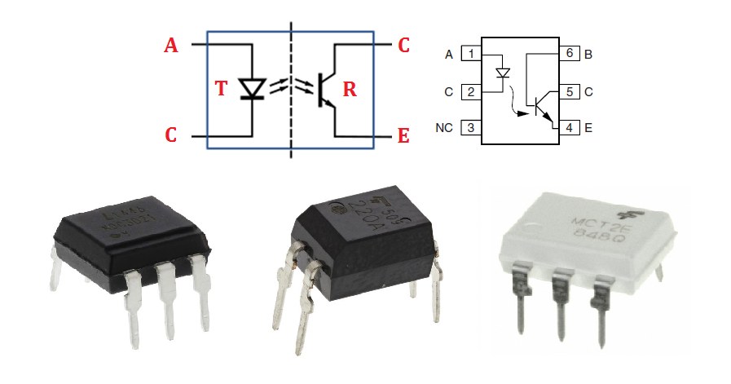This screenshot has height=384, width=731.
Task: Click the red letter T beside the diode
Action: coord(220,89)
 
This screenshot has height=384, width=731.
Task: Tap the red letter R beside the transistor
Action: coord(349,89)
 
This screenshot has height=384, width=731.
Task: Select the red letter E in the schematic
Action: coord(403,135)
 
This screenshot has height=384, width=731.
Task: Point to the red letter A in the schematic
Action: coord(170,46)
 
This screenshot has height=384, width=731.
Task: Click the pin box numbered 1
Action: coord(470,54)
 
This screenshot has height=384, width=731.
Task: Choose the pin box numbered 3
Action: coord(470,128)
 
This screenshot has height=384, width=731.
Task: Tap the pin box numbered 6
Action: coord(569,54)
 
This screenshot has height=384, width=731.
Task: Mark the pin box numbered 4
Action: coord(569,128)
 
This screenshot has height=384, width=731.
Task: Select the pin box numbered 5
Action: coord(569,91)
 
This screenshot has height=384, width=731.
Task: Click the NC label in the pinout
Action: coord(444,128)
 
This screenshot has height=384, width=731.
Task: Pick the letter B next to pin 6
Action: coord(588,55)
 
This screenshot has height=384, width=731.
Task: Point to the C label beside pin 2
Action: coord(448,91)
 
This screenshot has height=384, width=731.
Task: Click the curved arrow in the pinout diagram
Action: coord(514,106)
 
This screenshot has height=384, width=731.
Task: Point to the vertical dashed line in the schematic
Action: coord(292,90)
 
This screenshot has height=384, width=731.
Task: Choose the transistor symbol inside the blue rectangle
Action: coord(325,89)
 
